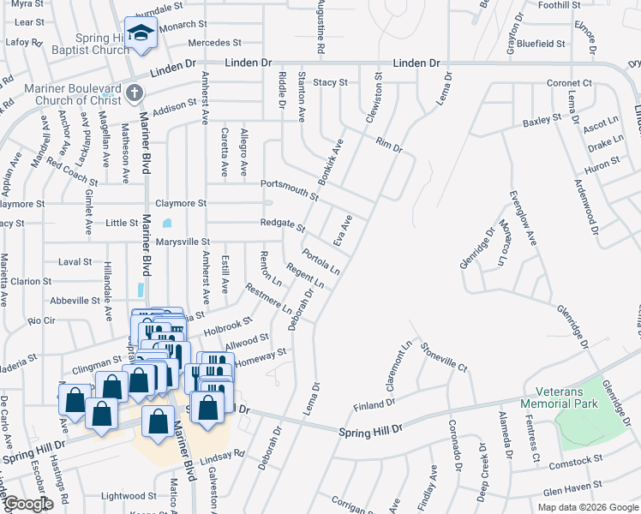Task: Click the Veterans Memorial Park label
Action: point(569,395)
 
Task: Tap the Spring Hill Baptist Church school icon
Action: point(139,33)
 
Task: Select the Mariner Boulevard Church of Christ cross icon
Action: point(132,92)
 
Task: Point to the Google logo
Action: point(28,505)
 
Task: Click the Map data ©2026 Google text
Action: point(588,507)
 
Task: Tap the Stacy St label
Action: point(330,82)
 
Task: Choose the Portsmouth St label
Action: point(289,189)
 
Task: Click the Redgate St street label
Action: point(283,225)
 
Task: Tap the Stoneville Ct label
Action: point(444,356)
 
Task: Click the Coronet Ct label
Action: point(570,83)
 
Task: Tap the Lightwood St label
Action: point(128,496)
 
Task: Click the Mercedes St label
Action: point(213,42)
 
